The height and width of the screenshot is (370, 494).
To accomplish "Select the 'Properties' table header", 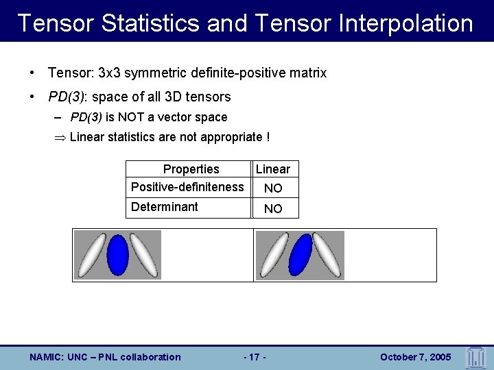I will [191, 169].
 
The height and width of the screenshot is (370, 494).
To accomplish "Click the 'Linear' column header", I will [273, 169].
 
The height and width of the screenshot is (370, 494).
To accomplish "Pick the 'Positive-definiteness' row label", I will [187, 187].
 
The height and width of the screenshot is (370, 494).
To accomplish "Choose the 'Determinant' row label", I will [165, 207].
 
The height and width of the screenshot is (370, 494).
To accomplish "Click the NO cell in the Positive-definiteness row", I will [273, 188].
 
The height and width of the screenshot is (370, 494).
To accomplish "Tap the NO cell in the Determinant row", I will [273, 208].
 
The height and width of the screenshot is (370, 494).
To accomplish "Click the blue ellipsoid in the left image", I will [118, 254].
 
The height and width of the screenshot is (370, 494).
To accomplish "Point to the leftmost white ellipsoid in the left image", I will [92, 256].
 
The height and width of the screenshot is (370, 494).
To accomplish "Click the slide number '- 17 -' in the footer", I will [255, 357].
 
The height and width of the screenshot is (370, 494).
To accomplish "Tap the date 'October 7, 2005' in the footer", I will [415, 357].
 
